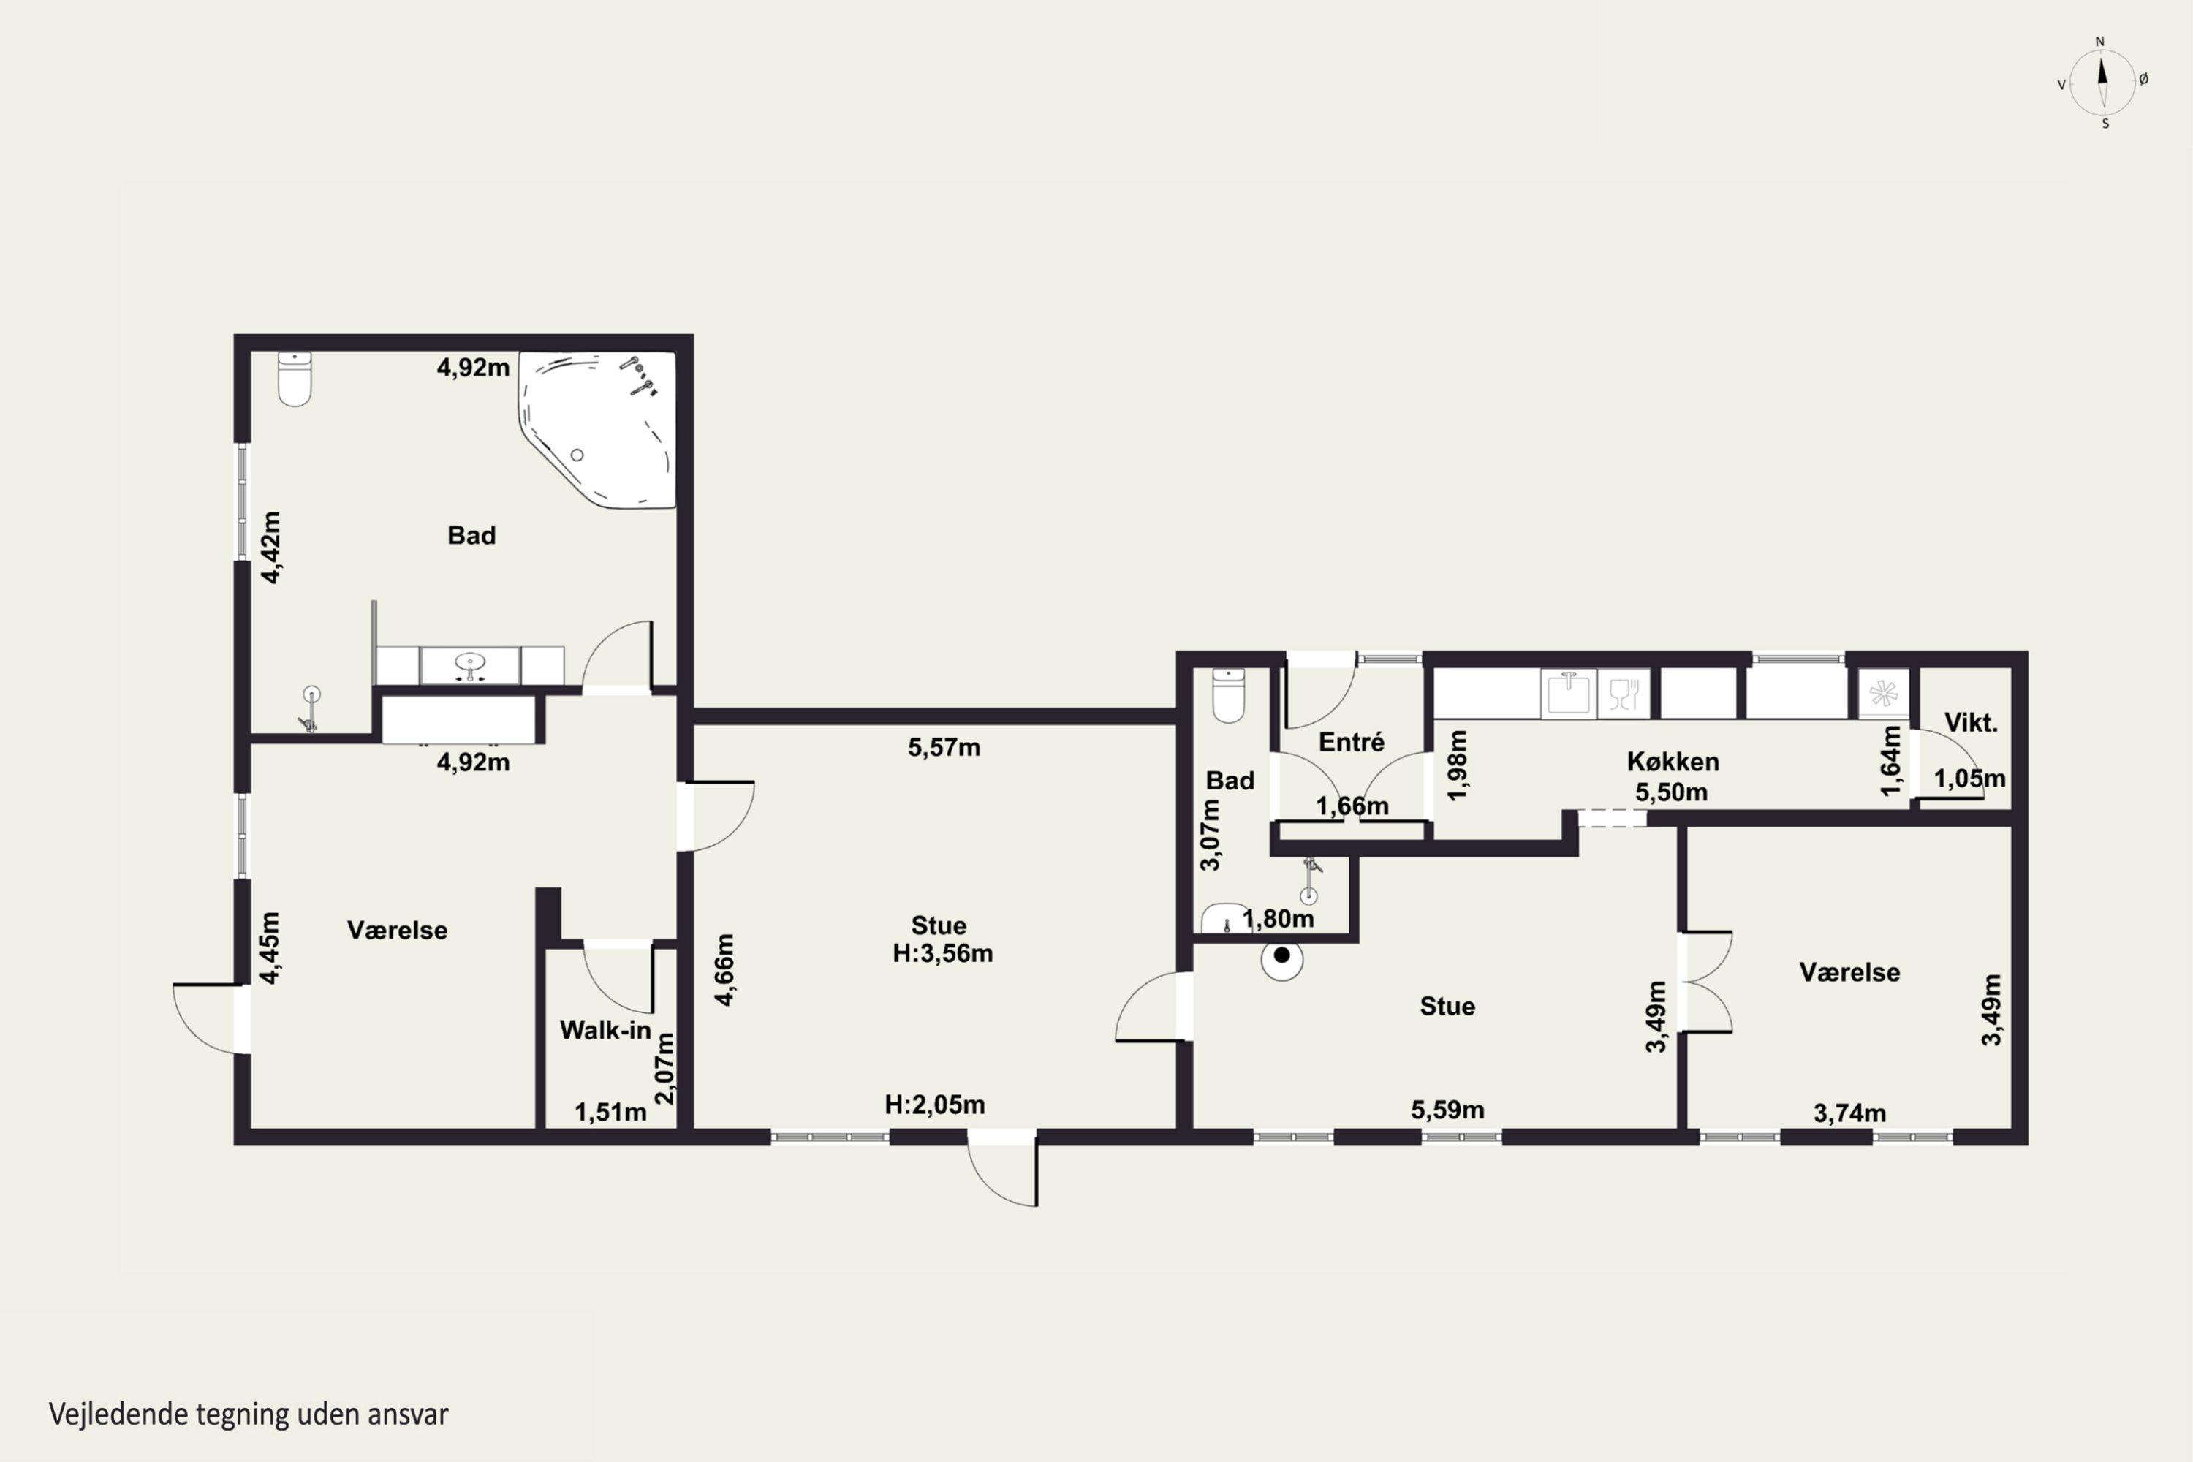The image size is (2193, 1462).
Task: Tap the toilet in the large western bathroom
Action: pos(295,379)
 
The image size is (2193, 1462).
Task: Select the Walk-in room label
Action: pos(605,1030)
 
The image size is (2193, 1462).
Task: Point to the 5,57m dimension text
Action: pos(944,747)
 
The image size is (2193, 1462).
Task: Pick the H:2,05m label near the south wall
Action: pos(934,1105)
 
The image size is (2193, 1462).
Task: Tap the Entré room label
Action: pos(1351,742)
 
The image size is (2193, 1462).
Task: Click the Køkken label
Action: pos(1673,762)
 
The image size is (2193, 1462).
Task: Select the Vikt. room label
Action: pos(1970,723)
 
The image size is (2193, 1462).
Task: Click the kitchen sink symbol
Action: pos(1568,694)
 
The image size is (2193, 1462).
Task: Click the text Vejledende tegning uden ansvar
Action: pos(248,1414)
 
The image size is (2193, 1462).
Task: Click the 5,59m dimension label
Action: pos(1447,1110)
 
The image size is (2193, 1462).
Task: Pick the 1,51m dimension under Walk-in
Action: pos(610,1113)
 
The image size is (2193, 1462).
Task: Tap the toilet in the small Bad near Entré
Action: pos(1228,696)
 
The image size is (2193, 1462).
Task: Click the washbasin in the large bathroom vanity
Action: pos(470,664)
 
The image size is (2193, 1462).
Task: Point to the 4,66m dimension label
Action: pos(724,970)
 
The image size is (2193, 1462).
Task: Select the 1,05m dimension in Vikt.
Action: pos(1969,779)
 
